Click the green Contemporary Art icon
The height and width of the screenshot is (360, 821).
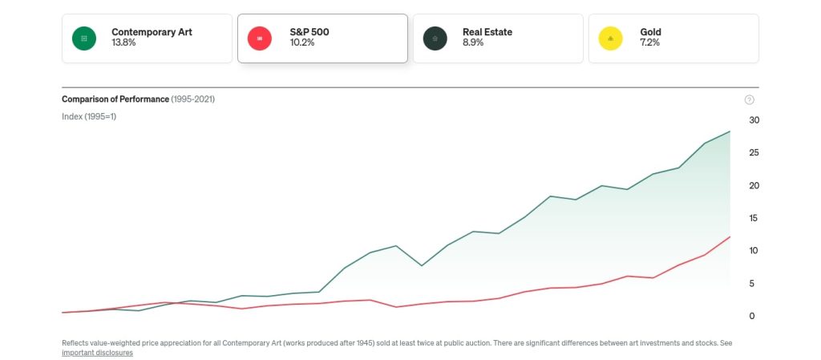coord(83,38)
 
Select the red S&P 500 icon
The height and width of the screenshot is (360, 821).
coord(259,38)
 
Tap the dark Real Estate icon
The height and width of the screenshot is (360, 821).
coord(435,38)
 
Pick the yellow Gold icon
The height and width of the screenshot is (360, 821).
coord(611,38)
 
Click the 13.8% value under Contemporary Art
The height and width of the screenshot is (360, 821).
coord(123,43)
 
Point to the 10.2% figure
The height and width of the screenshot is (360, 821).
coord(301,43)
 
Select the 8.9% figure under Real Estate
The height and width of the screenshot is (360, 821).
coord(475,43)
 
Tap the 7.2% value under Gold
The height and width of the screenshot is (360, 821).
coord(649,43)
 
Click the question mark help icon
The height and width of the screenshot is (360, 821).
coord(750,99)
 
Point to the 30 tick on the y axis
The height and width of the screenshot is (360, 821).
coord(754,120)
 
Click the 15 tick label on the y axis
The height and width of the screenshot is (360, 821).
coord(754,218)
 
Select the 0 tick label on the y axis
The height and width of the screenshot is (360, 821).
coord(751,316)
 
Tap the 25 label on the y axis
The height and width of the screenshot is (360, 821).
coord(754,152)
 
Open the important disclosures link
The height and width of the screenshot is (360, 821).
coord(97,353)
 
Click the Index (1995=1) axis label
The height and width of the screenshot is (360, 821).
coord(89,116)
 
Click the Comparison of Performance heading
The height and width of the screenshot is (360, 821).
coord(115,99)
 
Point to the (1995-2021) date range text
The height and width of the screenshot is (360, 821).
coord(192,99)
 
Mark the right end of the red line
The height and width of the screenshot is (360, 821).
coord(730,237)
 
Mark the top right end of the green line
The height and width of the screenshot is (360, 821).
coord(730,131)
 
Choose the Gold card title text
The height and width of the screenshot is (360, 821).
coord(650,32)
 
